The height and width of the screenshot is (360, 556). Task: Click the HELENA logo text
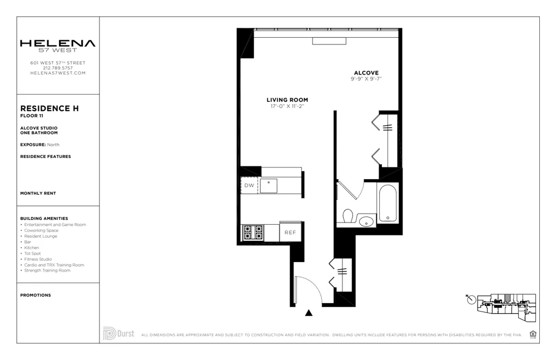58,43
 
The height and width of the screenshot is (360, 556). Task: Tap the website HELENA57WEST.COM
58,73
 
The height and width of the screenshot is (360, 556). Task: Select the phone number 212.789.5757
58,68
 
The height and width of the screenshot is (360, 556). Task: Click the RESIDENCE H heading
49,109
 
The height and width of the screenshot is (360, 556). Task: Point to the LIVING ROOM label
287,100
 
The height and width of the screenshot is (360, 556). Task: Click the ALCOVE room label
366,73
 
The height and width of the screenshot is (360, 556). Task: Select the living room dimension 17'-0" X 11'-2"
287,106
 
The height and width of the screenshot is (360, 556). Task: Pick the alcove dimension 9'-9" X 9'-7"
366,79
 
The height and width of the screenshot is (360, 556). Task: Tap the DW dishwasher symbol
249,185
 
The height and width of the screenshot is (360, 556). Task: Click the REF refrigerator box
290,233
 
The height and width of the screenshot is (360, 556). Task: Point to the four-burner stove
252,232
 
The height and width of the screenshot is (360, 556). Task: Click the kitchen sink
269,185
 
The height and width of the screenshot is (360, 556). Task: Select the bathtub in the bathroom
388,203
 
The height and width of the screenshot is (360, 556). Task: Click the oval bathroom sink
366,221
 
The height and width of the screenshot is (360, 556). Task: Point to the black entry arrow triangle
309,313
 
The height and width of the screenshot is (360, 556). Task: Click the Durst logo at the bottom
118,333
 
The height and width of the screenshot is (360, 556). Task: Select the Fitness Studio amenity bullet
38,259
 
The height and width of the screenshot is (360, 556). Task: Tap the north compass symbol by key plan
472,300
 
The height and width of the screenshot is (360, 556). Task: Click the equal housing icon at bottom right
533,334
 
